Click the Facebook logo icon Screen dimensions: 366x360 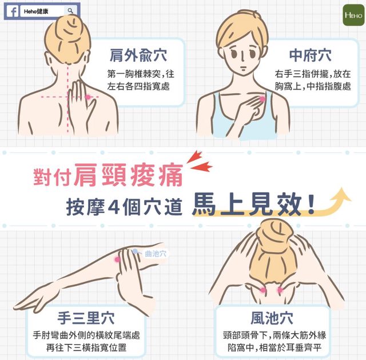[x=13, y=11]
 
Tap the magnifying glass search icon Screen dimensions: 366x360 [x=70, y=11]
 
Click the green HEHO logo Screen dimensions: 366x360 [x=353, y=15]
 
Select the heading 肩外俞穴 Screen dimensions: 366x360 [x=138, y=55]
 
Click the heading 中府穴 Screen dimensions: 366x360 [x=311, y=55]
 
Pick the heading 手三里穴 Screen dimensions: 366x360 [x=86, y=318]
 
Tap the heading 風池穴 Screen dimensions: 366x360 [x=272, y=318]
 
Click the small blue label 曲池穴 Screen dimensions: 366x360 [x=156, y=254]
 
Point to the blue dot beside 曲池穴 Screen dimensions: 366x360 [x=135, y=251]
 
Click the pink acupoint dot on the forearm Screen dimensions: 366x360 [x=117, y=259]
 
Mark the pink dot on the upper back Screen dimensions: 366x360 [x=87, y=97]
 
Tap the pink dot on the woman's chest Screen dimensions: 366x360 [x=262, y=99]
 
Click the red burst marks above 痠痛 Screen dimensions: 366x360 [x=199, y=161]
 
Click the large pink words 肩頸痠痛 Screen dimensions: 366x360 [x=129, y=175]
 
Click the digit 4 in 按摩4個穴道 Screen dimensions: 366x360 [x=114, y=206]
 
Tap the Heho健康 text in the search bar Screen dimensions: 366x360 [x=35, y=11]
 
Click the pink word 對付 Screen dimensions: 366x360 [x=52, y=177]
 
